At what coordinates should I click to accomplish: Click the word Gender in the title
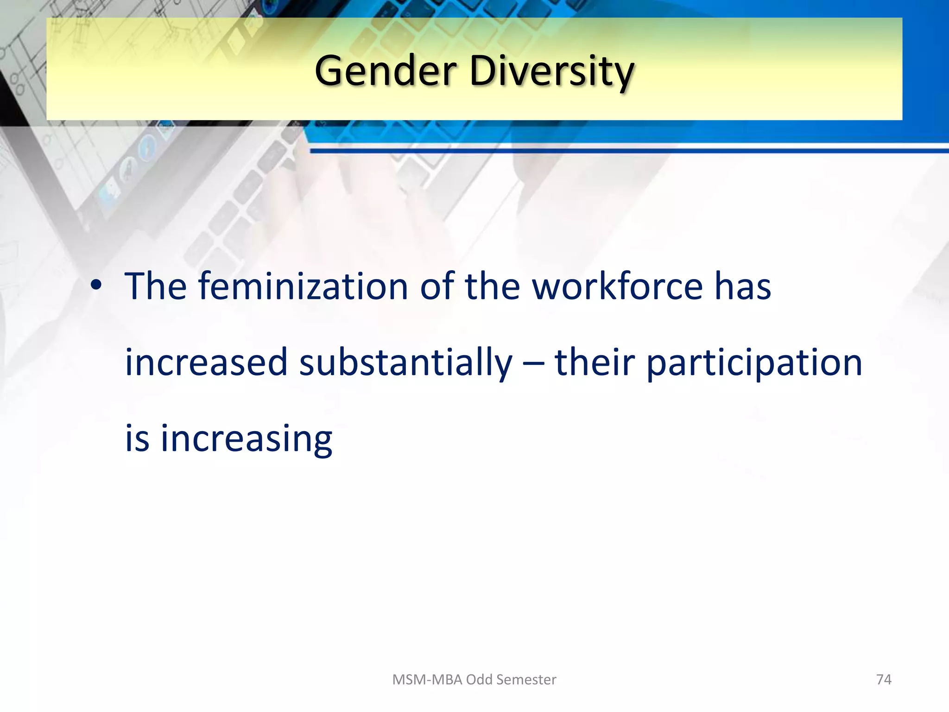coord(386,71)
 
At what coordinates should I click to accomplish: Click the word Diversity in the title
coord(551,71)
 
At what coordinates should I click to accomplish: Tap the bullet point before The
coord(96,286)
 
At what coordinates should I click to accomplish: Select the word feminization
coord(303,286)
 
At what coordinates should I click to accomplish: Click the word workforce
coord(617,286)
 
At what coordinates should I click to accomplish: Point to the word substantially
coord(406,362)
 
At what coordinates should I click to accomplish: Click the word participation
coord(754,362)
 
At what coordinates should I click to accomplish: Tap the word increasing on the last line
coord(246,439)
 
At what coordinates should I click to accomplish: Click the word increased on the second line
coord(206,362)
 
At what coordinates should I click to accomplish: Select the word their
coord(595,362)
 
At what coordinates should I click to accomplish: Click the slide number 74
coord(884,680)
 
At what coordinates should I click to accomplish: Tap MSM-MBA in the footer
coord(427,680)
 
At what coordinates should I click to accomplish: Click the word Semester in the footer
coord(527,680)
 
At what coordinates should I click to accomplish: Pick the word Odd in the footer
coord(480,680)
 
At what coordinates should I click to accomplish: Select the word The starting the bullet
coord(156,286)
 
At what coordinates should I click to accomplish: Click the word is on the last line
coord(137,439)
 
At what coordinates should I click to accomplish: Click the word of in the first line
coord(437,286)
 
